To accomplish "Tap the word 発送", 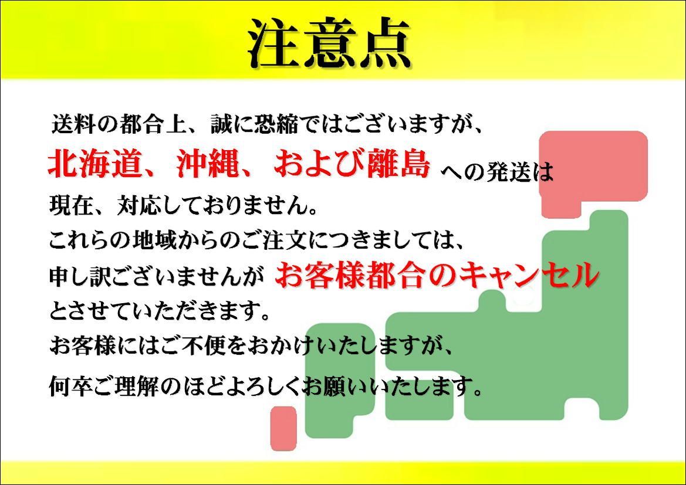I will pos(508,172).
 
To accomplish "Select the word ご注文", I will pos(305,240).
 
